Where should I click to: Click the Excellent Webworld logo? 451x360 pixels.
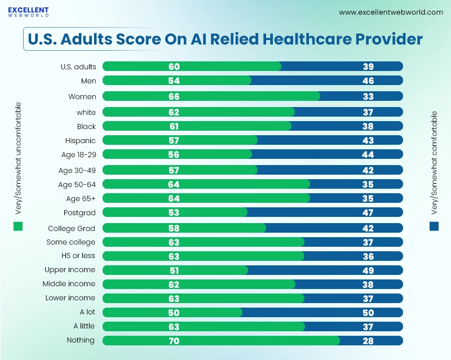coord(28,12)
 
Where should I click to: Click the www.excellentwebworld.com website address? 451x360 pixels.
coord(391,12)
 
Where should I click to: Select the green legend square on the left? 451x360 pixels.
coord(18,226)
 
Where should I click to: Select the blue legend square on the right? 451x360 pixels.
coord(434,226)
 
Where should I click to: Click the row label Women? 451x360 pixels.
coord(82,96)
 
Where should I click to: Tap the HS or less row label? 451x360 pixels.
coord(78,256)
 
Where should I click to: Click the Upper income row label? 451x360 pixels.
coord(70,270)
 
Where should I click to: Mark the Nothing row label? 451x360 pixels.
coord(81,340)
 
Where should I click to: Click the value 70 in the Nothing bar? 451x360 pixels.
coord(174,340)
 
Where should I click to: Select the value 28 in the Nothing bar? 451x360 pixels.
coord(368,340)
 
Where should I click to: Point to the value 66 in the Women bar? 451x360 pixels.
coord(174,96)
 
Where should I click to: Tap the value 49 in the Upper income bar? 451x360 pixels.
coord(368,270)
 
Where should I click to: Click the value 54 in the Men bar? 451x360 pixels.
coord(174,81)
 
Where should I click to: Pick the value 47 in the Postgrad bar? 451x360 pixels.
coord(368,212)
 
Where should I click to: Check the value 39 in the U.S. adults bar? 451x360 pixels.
coord(368,66)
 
